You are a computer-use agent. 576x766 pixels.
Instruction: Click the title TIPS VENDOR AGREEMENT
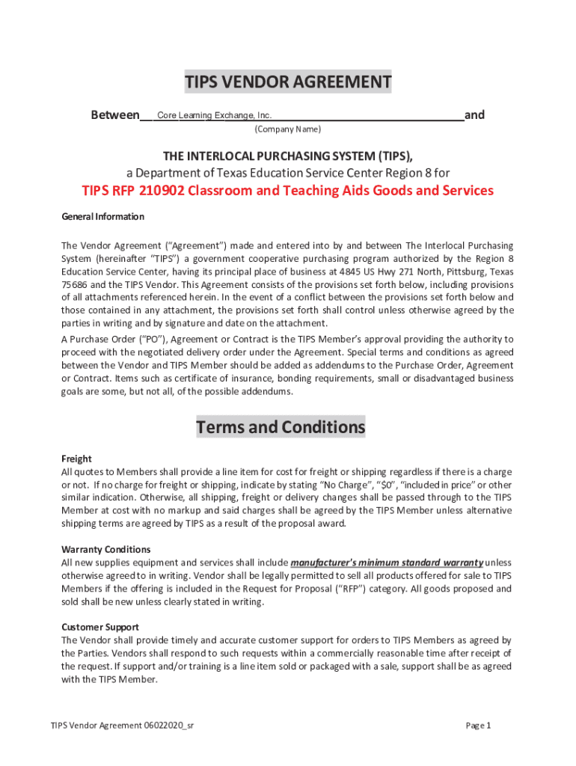coord(288,82)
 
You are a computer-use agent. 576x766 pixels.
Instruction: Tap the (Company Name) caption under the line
coord(288,129)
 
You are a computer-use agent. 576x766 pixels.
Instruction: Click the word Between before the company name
coord(114,115)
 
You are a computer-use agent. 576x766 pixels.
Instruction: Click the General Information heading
coord(102,217)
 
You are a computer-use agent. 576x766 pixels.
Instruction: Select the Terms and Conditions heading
coord(281,427)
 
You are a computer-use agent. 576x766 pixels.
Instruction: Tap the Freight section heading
coord(76,459)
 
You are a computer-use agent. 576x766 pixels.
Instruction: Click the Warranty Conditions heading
coord(105,549)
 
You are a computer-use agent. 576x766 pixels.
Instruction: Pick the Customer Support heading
coord(100,627)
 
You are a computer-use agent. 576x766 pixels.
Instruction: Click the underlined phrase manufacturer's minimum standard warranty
coord(387,563)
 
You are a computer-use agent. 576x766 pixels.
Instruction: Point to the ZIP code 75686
coord(75,285)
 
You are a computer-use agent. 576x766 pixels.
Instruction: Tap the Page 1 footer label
coord(478,726)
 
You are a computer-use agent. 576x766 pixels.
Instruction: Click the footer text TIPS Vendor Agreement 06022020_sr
coord(123,726)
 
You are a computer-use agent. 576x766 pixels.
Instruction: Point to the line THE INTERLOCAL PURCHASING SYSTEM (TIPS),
coord(288,156)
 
